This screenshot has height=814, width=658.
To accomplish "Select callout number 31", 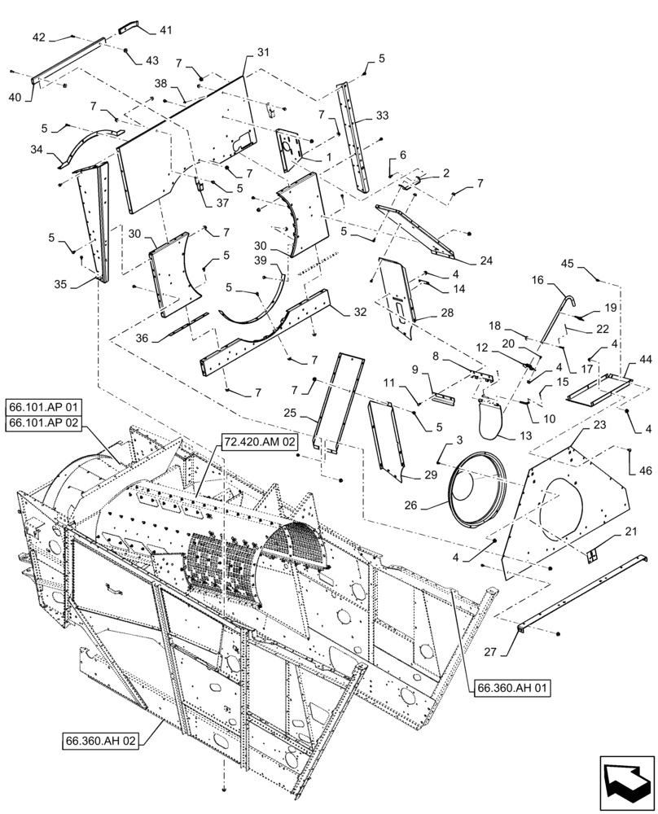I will coord(262,52).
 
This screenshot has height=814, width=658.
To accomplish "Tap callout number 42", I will coord(39,37).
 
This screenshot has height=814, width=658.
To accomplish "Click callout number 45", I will coord(567,263).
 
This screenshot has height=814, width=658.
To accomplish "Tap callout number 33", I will coord(383,116).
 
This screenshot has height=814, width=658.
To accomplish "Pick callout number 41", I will coord(165,30).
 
